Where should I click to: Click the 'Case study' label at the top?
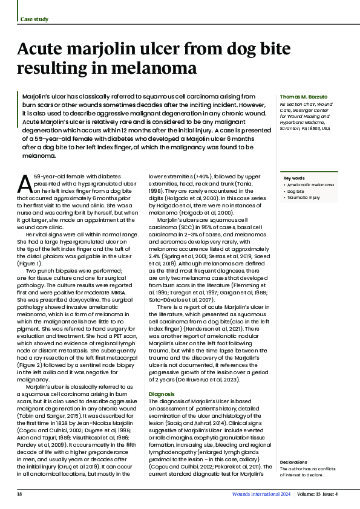34,19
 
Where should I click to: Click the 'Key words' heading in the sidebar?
294,178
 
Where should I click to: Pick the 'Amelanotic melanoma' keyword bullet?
310,184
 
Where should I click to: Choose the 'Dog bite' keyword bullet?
297,190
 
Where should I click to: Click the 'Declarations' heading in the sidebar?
295,462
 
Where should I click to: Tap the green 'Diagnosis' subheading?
162,394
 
